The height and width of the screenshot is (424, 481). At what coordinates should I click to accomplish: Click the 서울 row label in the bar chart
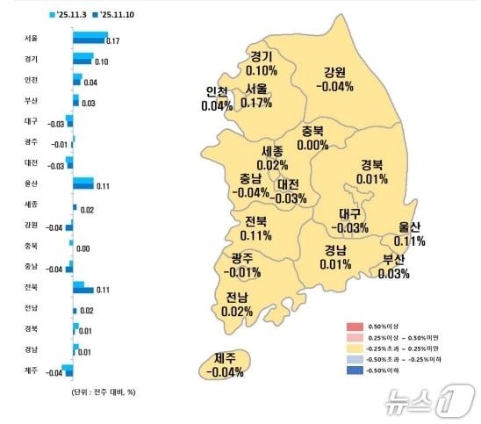point(32,39)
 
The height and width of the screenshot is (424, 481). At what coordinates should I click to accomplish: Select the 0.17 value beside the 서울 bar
point(112,41)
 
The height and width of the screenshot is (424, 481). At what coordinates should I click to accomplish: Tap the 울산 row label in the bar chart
point(32,183)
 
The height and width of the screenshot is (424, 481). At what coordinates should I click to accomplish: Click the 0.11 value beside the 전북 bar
point(101,290)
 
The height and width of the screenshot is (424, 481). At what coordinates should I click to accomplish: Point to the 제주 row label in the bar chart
point(32,371)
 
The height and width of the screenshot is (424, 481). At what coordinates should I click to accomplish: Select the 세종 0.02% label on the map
point(272,158)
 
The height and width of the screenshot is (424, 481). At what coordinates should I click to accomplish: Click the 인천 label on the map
point(217,98)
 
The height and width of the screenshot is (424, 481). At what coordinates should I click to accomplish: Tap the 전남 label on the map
point(237,303)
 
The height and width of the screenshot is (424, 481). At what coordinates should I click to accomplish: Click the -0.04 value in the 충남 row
point(54,269)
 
